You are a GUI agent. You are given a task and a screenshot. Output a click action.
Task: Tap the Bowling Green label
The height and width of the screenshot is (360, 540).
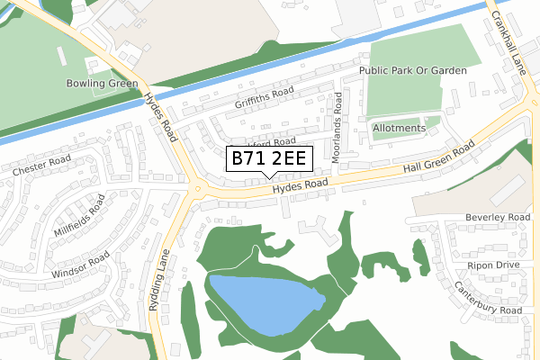point(102,84)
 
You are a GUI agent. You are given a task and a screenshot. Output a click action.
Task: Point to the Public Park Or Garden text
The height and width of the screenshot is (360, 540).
point(413,70)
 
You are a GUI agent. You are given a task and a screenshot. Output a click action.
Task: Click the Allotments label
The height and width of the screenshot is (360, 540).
point(399,128)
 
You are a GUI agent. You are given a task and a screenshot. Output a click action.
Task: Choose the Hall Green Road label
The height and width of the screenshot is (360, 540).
point(439,158)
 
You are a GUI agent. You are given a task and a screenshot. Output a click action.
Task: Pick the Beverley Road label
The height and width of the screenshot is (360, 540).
point(497,218)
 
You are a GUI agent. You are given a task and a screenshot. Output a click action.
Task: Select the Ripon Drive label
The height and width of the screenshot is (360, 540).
point(493,265)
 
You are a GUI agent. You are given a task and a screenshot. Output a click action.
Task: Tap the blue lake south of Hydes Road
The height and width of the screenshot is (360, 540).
point(265,304)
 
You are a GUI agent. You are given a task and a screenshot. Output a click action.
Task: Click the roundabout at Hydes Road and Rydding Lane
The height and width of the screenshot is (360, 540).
point(196,188)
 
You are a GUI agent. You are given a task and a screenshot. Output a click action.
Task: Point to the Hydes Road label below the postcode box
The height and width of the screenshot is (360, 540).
point(301,186)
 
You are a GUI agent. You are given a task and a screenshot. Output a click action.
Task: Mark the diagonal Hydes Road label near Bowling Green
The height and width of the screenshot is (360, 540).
point(164,117)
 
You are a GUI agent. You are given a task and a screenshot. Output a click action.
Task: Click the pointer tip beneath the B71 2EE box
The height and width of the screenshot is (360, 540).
point(269,176)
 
